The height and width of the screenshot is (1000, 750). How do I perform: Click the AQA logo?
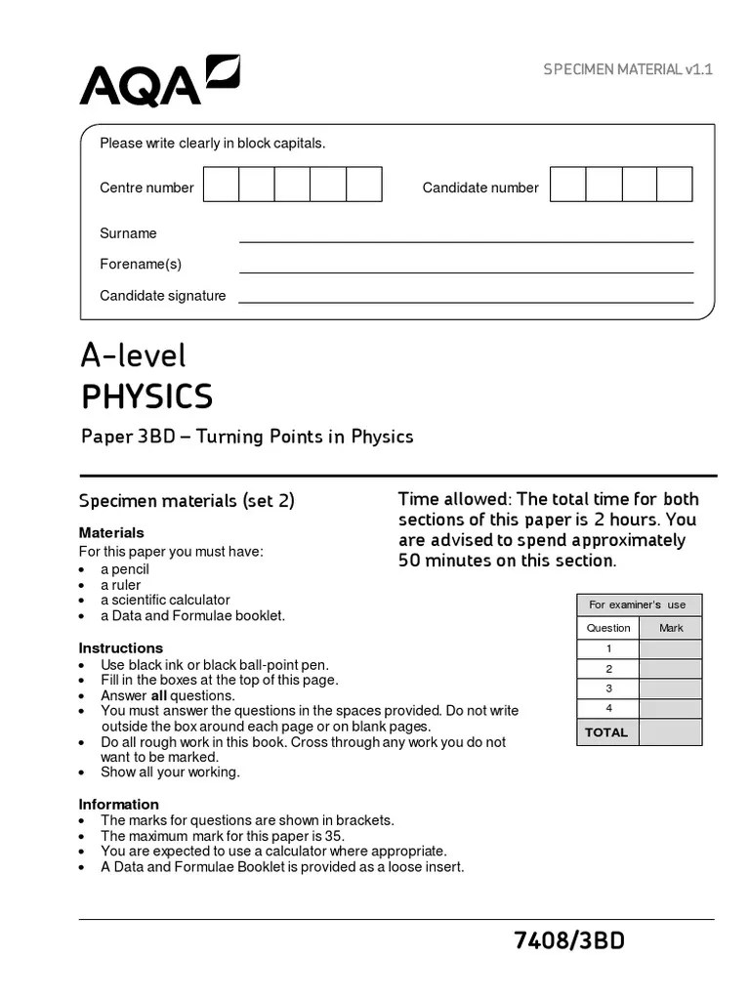159,81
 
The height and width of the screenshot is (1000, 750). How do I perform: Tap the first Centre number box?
222,185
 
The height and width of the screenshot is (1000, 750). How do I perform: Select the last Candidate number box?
675,185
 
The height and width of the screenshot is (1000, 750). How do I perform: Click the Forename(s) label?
141,264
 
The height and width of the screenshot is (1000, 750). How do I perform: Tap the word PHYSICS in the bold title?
146,397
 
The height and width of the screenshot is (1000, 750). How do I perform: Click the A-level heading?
133,355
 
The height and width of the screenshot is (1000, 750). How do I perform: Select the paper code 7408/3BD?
569,940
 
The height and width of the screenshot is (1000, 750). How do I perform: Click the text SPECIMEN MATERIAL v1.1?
628,69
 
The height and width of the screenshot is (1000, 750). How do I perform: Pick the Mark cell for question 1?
670,649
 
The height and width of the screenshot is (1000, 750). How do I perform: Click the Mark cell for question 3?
670,688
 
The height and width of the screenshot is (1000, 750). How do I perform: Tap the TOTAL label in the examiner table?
606,732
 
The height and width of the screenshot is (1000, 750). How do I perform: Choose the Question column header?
608,628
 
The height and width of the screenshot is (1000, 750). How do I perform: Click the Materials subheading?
111,533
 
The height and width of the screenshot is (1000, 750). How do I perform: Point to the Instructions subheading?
121,648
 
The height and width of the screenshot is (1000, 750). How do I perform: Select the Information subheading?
119,805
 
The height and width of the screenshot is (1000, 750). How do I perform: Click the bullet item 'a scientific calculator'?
165,600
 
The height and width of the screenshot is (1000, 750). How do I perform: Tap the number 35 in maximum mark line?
334,836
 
